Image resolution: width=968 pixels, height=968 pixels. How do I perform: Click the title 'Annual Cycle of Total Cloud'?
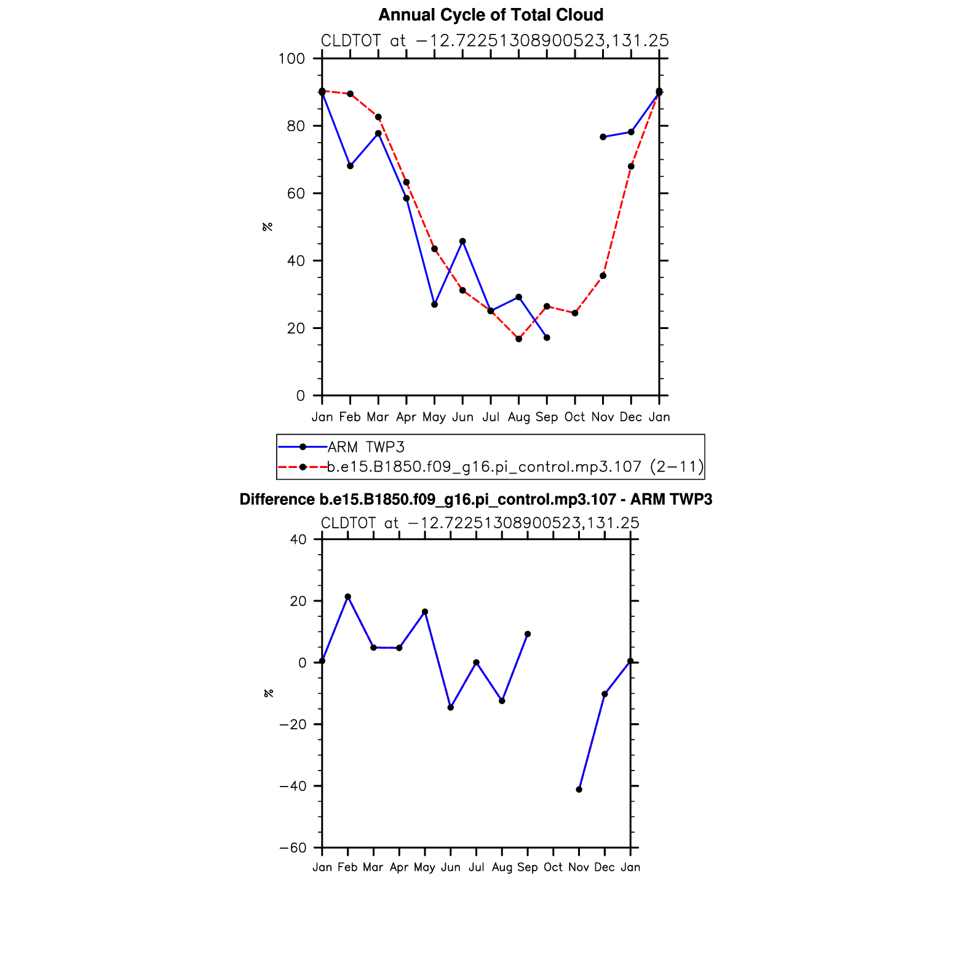[490, 15]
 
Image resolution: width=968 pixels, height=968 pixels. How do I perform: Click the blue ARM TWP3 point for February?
[350, 166]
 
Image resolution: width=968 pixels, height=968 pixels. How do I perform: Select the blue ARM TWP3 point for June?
[462, 242]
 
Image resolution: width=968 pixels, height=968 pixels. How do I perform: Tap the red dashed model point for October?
[575, 313]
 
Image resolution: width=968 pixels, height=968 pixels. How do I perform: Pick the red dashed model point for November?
[603, 276]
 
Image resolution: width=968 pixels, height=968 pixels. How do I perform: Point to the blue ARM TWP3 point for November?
[603, 137]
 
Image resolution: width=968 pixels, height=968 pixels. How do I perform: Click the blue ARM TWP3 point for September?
[547, 338]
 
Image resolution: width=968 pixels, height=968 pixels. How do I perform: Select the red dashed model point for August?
[519, 339]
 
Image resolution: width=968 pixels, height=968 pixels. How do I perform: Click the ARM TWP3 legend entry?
[366, 447]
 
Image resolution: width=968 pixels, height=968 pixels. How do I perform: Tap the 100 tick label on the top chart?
[292, 58]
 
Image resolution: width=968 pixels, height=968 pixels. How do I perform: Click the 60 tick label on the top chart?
[296, 194]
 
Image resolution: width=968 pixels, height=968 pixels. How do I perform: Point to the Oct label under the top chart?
[574, 417]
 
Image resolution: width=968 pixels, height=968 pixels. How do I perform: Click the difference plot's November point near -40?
[579, 790]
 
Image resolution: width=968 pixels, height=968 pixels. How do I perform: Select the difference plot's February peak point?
[348, 597]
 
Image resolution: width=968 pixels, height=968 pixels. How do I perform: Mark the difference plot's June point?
[451, 708]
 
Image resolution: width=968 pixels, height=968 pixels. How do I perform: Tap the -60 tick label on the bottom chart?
[293, 848]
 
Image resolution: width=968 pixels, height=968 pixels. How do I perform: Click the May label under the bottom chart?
[424, 867]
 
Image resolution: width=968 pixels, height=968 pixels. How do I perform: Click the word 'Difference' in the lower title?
[277, 499]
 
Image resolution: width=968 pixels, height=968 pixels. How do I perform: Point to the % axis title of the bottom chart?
[268, 693]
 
